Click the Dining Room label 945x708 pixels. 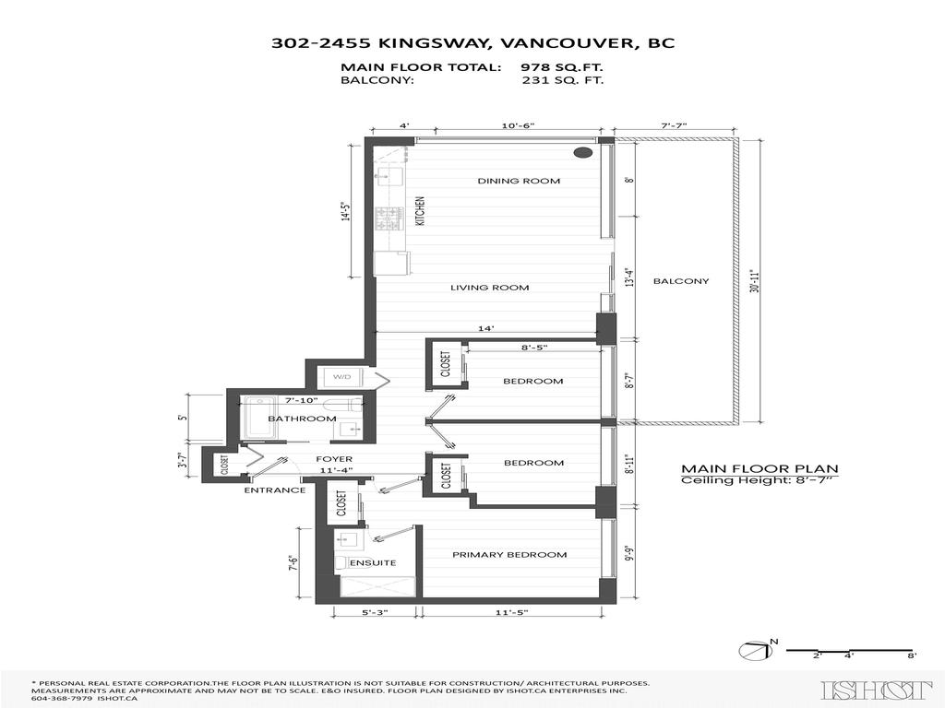(x=518, y=181)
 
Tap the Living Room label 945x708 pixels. (x=489, y=288)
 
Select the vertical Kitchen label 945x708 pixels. (x=419, y=211)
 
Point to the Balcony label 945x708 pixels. (x=681, y=281)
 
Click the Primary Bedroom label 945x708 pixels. (x=508, y=555)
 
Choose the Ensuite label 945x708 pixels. (x=372, y=562)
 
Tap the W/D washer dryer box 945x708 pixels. (x=341, y=377)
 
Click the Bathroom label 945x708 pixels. (x=302, y=419)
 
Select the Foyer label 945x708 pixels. (x=334, y=459)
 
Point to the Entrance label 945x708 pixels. (x=274, y=490)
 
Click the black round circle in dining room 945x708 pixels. (x=583, y=153)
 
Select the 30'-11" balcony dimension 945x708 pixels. (x=756, y=281)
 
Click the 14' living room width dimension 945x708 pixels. (x=485, y=327)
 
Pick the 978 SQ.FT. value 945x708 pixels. (x=563, y=67)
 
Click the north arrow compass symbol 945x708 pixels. (x=754, y=651)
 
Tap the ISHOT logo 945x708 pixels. (x=876, y=690)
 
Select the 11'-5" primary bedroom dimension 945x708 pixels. (x=509, y=612)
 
